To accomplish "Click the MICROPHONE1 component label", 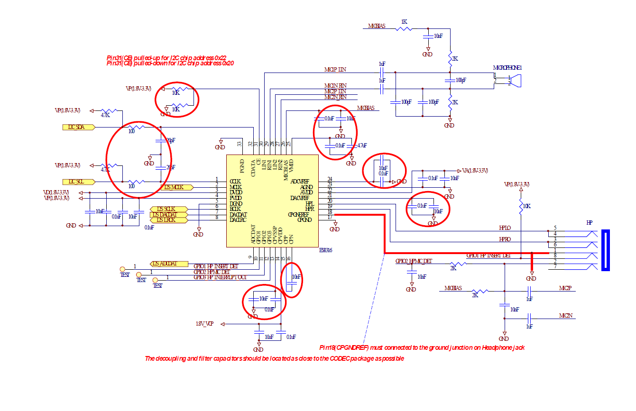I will [x=507, y=68].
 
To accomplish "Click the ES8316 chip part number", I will [x=326, y=250].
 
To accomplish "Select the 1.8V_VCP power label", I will [x=204, y=324].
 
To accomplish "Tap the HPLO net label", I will [x=505, y=228].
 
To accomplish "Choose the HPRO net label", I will [x=505, y=239].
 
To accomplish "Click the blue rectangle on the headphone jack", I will [x=605, y=250].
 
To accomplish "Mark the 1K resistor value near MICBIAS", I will [x=404, y=22].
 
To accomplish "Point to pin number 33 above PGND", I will [x=240, y=144].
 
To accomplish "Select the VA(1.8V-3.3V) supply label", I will [x=475, y=170].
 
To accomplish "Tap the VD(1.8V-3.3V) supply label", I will [x=56, y=192].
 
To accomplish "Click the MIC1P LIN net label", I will [x=335, y=70].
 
